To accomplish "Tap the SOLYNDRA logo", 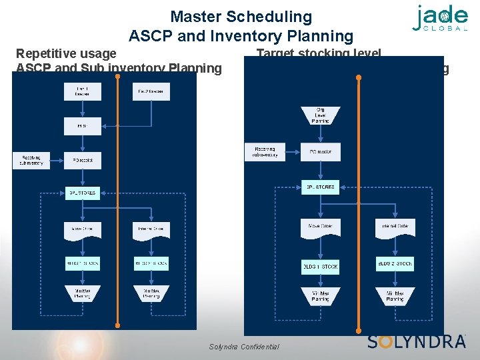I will (x=416, y=341).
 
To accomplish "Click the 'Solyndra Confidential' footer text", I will (x=244, y=347).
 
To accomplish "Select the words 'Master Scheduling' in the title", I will (x=241, y=17).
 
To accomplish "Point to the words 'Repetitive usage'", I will (x=66, y=53).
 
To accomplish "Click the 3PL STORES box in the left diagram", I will (x=81, y=193).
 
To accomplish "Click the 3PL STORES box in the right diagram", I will (x=321, y=187).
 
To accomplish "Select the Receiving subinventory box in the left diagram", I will (x=31, y=160).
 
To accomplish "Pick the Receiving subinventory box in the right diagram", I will (x=265, y=152).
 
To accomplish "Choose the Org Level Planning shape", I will (x=320, y=115).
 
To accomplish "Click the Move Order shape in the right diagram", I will (x=321, y=227).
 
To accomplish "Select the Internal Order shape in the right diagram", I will (x=395, y=227).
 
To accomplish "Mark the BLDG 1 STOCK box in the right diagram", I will (x=321, y=266).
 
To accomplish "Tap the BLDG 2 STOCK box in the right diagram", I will (x=395, y=263).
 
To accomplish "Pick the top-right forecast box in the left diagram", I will (x=151, y=92).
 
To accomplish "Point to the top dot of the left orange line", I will (x=117, y=76).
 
